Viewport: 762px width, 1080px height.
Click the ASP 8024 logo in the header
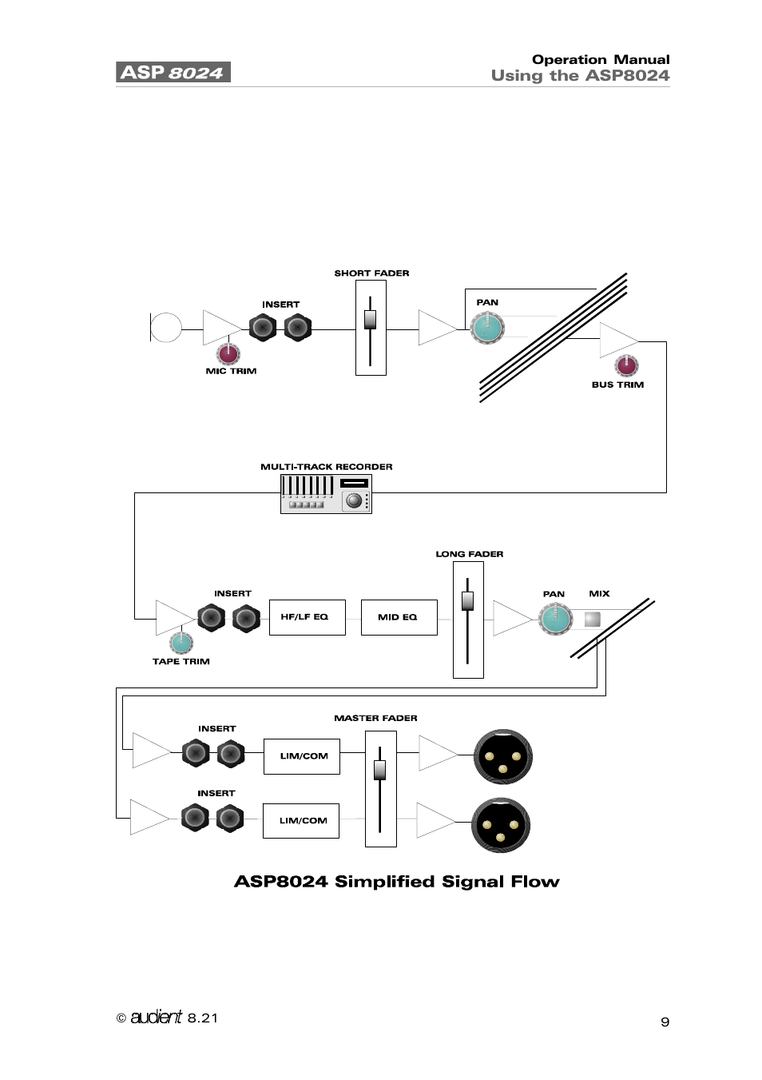(x=173, y=72)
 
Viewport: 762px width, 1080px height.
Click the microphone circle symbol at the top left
(x=166, y=327)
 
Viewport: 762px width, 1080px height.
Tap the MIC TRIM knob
(x=228, y=353)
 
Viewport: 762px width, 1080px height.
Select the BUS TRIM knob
(x=626, y=365)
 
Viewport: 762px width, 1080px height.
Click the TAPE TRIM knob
(x=181, y=642)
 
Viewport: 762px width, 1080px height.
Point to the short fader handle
(x=370, y=319)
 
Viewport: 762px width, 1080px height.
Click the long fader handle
(x=467, y=600)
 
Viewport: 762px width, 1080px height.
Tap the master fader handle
(x=380, y=769)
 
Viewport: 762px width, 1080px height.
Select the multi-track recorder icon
(x=326, y=493)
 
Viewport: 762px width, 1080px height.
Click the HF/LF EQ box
(x=307, y=617)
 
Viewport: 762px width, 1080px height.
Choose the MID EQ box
(x=399, y=617)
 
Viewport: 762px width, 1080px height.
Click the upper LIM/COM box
(x=302, y=756)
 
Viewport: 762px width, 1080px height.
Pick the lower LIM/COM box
(x=301, y=821)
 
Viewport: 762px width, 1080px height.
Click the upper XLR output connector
(x=503, y=757)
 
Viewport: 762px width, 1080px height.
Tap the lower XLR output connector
(x=501, y=825)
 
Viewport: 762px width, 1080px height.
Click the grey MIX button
(x=593, y=618)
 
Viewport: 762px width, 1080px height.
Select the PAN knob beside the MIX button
(x=556, y=619)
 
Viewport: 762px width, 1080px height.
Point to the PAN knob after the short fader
(x=487, y=328)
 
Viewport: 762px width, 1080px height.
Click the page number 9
(x=665, y=1022)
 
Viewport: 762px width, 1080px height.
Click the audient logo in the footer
(x=157, y=1017)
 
